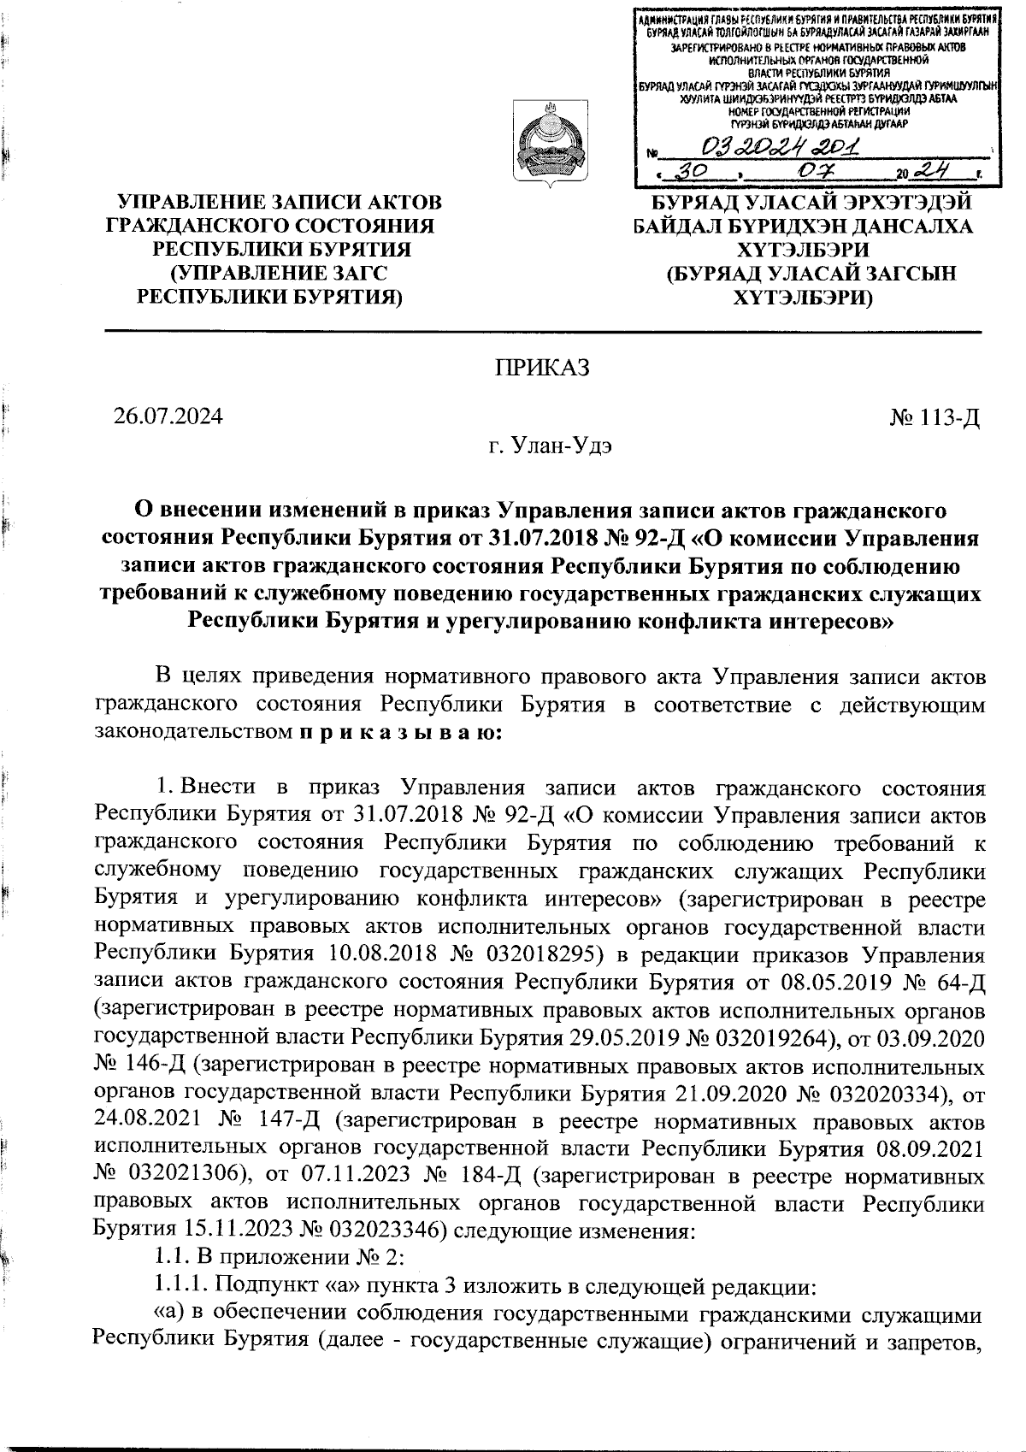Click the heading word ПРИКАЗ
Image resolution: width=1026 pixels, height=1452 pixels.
tap(542, 368)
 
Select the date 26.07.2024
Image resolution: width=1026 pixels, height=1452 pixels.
tap(168, 416)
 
